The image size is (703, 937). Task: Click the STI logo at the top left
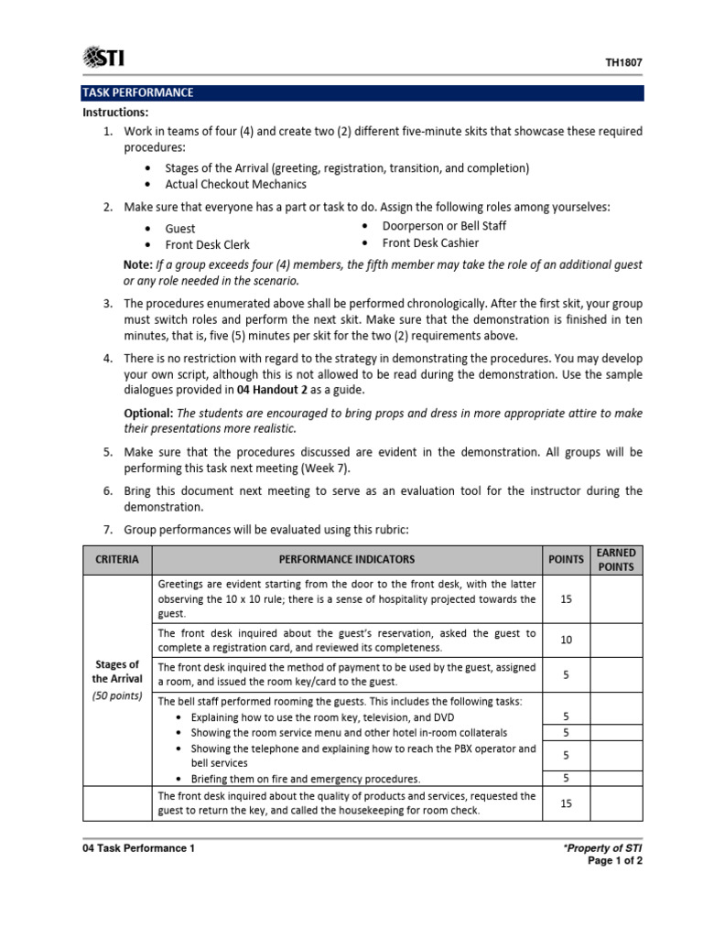(x=103, y=59)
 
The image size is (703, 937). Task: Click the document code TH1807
(x=624, y=63)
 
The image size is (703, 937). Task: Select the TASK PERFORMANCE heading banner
(x=138, y=93)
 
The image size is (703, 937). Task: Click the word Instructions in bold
(x=115, y=113)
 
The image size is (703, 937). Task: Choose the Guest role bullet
(x=180, y=228)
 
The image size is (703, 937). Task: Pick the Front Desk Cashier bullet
(x=430, y=243)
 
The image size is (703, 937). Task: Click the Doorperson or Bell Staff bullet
(x=444, y=226)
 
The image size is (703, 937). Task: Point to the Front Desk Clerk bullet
(x=207, y=245)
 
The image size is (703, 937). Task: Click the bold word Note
(x=138, y=264)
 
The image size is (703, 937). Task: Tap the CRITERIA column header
(x=117, y=559)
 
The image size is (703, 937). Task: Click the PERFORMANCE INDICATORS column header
(x=347, y=559)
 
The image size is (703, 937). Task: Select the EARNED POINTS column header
(x=616, y=559)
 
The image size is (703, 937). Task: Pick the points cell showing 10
(x=566, y=640)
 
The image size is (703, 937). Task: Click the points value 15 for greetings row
(x=566, y=598)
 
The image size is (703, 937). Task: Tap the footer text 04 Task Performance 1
(x=138, y=848)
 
